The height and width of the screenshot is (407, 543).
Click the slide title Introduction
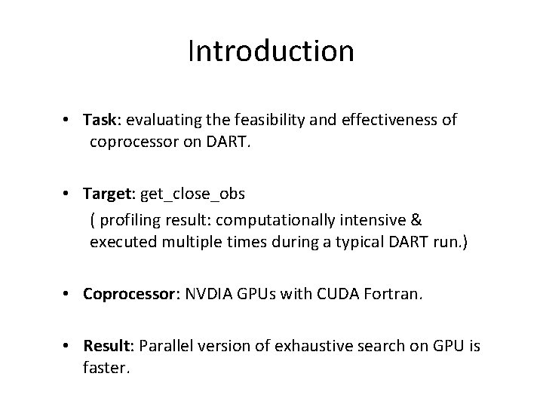[271, 51]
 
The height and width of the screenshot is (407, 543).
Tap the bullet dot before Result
[68, 345]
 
